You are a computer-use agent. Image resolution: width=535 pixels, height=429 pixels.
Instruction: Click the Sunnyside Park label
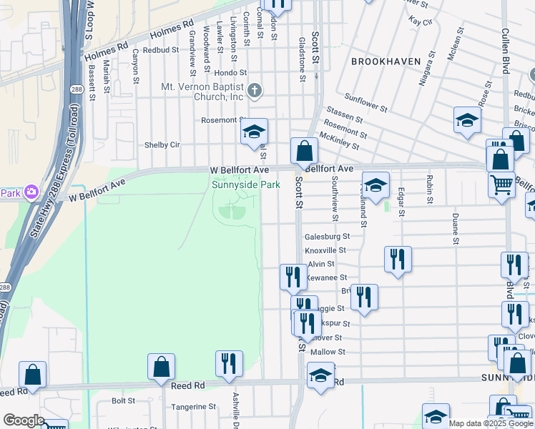(x=245, y=184)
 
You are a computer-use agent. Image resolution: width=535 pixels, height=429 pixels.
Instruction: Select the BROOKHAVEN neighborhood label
(x=386, y=61)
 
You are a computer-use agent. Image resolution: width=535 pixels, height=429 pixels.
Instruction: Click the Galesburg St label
(x=326, y=236)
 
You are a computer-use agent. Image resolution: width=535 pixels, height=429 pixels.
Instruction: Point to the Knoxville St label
(x=325, y=250)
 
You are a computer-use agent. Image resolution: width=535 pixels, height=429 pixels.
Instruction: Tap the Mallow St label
(x=328, y=352)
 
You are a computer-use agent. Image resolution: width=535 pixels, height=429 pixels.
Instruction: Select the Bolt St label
(x=123, y=401)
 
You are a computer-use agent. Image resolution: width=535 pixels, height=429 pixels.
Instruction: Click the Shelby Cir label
(x=162, y=144)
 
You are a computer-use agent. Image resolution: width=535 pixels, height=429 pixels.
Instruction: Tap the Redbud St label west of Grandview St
(x=155, y=50)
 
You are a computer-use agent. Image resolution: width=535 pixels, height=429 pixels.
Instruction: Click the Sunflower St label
(x=365, y=103)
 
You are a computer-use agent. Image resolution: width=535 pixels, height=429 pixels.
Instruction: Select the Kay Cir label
(x=421, y=22)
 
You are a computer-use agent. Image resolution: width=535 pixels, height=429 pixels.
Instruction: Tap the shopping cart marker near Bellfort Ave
(x=501, y=184)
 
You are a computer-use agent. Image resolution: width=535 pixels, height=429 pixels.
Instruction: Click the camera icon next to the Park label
(x=31, y=192)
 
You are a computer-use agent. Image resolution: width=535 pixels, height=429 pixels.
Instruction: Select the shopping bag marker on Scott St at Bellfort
(x=304, y=151)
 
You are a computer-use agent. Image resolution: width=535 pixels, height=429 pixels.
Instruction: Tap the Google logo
(x=24, y=420)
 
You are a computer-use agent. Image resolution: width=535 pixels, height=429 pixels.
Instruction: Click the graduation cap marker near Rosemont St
(x=253, y=132)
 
